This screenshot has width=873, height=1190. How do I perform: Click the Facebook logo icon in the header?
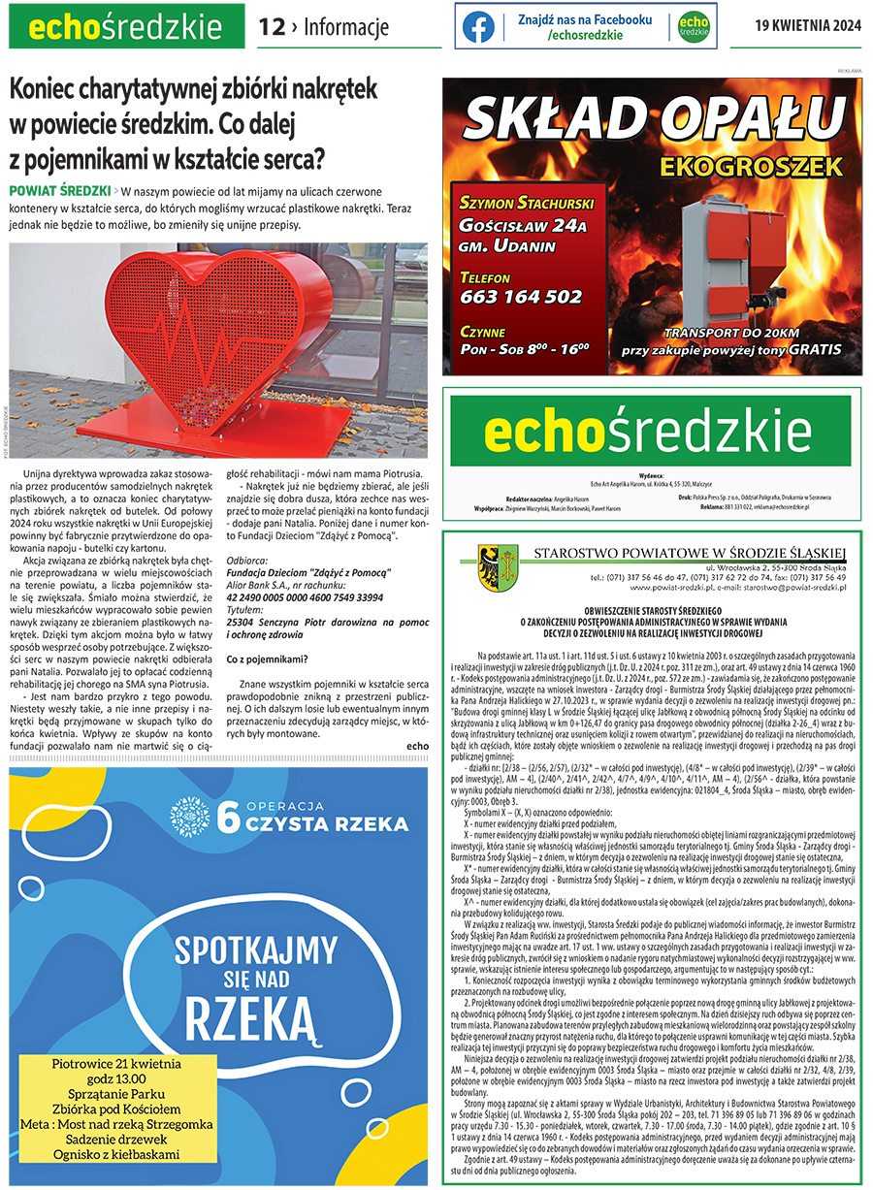478,27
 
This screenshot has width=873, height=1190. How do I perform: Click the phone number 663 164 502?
522,297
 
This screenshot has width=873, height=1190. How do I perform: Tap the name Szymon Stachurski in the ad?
521,204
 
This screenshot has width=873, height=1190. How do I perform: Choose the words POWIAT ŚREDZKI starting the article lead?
59,190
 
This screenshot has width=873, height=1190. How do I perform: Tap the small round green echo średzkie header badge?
693,27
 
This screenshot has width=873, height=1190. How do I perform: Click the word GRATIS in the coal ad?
814,349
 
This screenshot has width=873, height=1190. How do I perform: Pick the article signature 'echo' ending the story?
418,745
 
